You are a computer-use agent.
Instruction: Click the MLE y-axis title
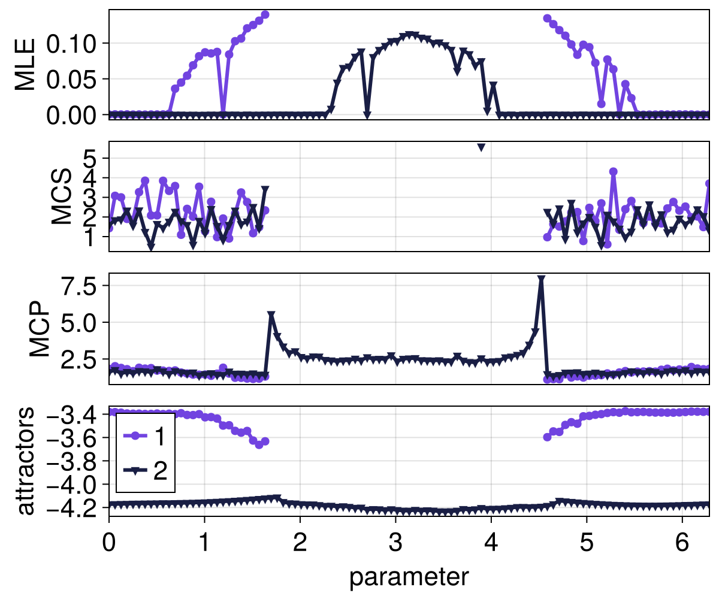[x=25, y=65]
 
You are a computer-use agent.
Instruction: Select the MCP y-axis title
[x=41, y=328]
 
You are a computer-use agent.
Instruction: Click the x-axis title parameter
[x=409, y=577]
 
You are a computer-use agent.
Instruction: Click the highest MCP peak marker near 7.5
[x=541, y=279]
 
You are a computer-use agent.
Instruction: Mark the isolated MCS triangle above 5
[x=481, y=147]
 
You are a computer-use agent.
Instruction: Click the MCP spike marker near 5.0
[x=271, y=315]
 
